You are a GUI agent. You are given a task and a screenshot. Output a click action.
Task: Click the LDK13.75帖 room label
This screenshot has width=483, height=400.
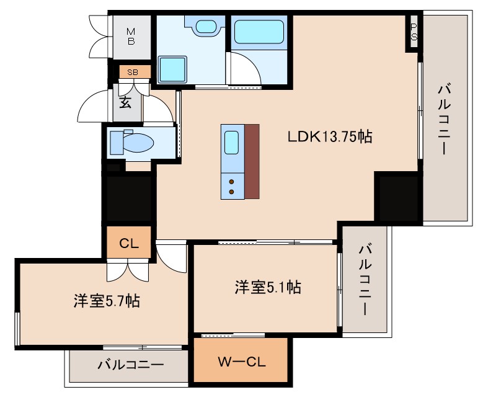[x=329, y=137]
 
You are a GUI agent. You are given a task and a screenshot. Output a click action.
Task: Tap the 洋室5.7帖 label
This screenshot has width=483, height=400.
[x=106, y=301]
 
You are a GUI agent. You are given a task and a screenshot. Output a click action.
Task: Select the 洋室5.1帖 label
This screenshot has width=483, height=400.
[x=268, y=287]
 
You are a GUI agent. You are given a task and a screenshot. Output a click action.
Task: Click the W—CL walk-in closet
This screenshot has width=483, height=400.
[x=241, y=362]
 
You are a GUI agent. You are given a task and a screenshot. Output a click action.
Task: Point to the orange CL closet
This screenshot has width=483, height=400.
[x=128, y=242]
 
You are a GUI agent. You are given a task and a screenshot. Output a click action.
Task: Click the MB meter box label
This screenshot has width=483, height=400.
[x=131, y=37]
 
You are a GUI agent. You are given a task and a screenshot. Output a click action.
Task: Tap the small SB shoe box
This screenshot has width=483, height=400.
[x=133, y=73]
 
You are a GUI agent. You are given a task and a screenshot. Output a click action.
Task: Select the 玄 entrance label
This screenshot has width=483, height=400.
[x=125, y=102]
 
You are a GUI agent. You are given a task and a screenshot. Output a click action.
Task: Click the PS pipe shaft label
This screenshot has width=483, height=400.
[x=413, y=32]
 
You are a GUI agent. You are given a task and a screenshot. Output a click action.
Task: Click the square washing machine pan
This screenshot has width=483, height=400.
[x=172, y=69]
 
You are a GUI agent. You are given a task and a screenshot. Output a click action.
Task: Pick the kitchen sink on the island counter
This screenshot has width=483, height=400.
[x=232, y=143]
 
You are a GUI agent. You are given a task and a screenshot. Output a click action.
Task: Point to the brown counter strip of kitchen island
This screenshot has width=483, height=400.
[x=252, y=161]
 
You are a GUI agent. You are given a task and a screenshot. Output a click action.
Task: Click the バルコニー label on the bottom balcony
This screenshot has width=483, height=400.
[x=130, y=365]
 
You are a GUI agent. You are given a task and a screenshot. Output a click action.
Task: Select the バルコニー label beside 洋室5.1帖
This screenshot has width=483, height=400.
[x=366, y=280]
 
